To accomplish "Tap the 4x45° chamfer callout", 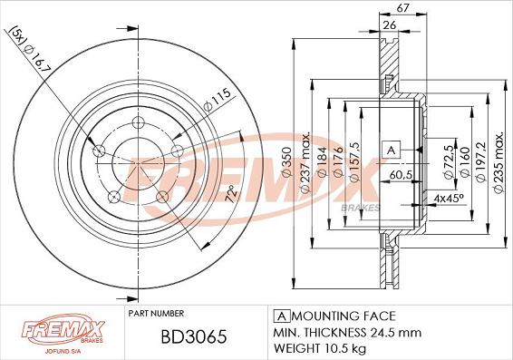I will [449, 196].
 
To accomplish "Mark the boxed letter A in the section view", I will [392, 149].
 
